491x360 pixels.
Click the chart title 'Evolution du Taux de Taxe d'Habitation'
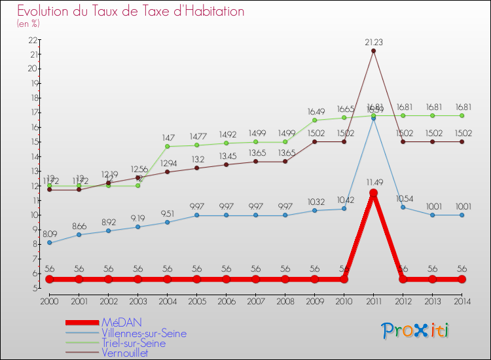coord(131,11)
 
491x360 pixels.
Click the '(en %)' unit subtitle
coord(28,24)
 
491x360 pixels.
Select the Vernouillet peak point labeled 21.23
coord(373,51)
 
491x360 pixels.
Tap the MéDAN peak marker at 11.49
coord(373,193)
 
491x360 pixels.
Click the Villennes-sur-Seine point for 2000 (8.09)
coord(49,243)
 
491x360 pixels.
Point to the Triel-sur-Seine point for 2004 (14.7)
coord(167,146)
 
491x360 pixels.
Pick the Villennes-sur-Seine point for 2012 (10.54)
coord(403,207)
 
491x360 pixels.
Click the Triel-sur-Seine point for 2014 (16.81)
coord(462,115)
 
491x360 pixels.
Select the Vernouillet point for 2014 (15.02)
coord(462,141)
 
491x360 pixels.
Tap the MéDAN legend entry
coord(120,323)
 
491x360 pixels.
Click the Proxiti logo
coord(416,331)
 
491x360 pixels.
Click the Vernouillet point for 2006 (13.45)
coord(226,164)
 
